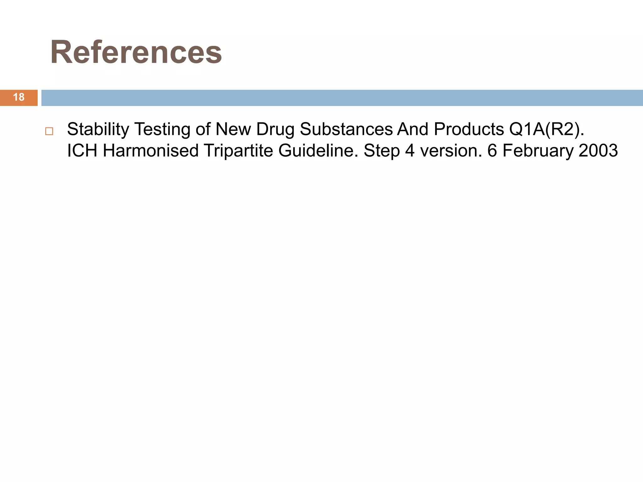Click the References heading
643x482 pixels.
point(136,52)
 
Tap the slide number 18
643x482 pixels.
point(19,97)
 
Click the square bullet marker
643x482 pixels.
point(49,131)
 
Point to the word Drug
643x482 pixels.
point(275,129)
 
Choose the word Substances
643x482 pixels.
point(346,129)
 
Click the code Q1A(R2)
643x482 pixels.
point(547,129)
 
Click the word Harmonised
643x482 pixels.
point(151,151)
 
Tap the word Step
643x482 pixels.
point(381,151)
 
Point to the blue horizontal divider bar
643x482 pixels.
point(342,98)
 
